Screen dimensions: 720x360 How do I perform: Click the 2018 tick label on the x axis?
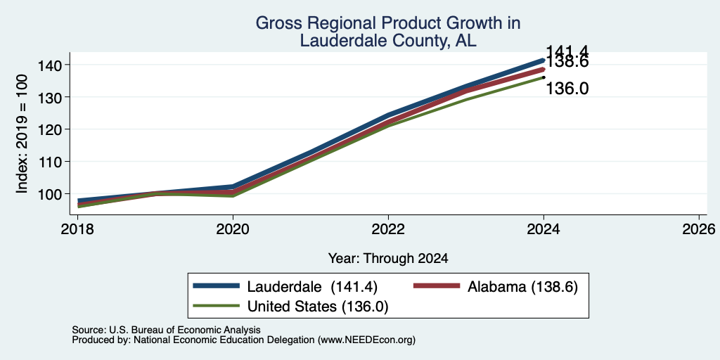pyautogui.click(x=77, y=229)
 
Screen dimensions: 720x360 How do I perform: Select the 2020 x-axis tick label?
pyautogui.click(x=233, y=229)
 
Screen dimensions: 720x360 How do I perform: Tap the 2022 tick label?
pyautogui.click(x=388, y=229)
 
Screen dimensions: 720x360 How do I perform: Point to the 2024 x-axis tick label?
pyautogui.click(x=544, y=229)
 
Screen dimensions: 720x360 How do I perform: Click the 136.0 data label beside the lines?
pyautogui.click(x=567, y=89)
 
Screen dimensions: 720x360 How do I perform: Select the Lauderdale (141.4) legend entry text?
pyautogui.click(x=312, y=287)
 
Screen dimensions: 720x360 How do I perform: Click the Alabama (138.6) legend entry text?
pyautogui.click(x=522, y=287)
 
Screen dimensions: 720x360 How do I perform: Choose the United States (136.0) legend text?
pyautogui.click(x=318, y=307)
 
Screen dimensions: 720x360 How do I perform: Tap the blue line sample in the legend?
pyautogui.click(x=217, y=286)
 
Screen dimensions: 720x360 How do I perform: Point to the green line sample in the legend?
pyautogui.click(x=217, y=306)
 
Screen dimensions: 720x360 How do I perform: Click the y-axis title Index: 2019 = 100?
pyautogui.click(x=22, y=134)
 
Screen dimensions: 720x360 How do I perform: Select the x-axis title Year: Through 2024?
pyautogui.click(x=388, y=259)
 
